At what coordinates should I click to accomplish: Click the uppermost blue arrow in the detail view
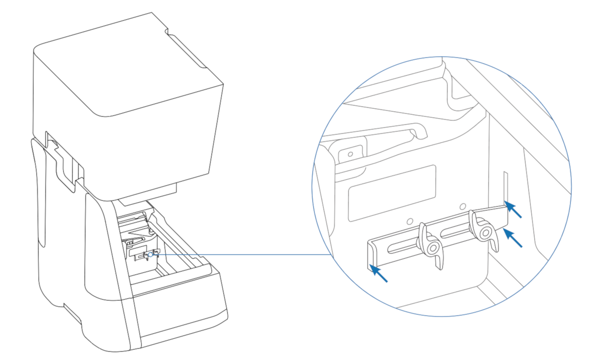[x=513, y=210]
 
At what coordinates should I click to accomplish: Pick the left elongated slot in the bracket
[x=404, y=246]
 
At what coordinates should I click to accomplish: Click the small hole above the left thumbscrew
[x=410, y=221]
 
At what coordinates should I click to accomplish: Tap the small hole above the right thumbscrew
[x=463, y=205]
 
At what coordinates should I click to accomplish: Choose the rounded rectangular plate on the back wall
[x=392, y=193]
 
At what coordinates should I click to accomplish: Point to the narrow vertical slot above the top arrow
[x=505, y=185]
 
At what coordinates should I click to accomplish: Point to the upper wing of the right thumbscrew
[x=476, y=218]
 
